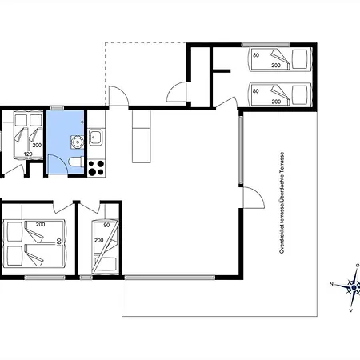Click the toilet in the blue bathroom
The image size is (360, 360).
click(x=76, y=162)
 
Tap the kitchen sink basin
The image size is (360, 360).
click(x=96, y=137)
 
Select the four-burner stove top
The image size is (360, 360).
click(x=96, y=168)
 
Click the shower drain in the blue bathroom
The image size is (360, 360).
click(x=82, y=122)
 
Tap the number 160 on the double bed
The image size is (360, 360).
click(x=59, y=242)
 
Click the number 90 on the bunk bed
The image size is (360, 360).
click(x=106, y=225)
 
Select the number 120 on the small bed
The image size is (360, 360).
click(x=28, y=154)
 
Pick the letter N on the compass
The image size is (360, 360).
click(x=331, y=284)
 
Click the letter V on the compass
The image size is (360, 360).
click(x=351, y=310)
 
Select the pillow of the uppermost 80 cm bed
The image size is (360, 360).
click(x=300, y=59)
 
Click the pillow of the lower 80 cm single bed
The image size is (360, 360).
click(x=300, y=95)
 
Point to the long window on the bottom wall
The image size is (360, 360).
click(x=170, y=278)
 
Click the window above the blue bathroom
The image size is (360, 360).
click(x=57, y=108)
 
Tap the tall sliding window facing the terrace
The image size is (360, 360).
click(x=241, y=150)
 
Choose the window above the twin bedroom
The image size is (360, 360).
click(x=266, y=45)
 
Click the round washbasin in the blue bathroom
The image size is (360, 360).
click(x=78, y=142)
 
